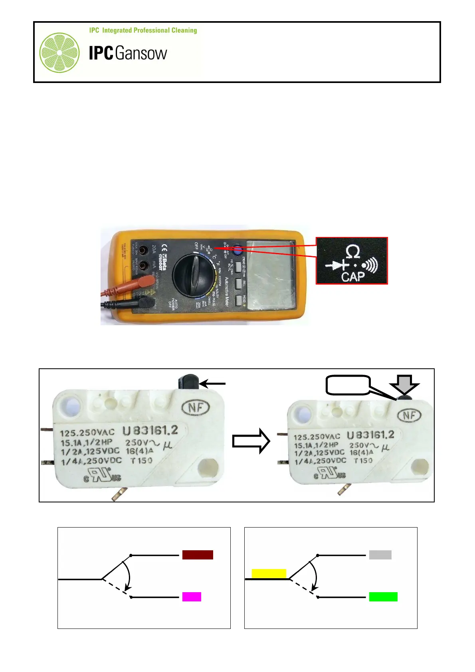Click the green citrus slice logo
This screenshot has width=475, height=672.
[x=59, y=53]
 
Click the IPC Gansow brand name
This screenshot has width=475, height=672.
[x=128, y=53]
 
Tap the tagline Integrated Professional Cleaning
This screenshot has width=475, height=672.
[x=143, y=30]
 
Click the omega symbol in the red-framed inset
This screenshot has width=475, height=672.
[x=353, y=252]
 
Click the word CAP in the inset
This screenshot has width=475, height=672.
[x=353, y=276]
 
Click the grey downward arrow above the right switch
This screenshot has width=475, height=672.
[x=404, y=384]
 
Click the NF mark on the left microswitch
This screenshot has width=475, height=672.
[x=196, y=407]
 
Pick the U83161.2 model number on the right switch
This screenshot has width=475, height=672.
[x=370, y=435]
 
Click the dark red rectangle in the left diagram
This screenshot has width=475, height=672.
[x=198, y=555]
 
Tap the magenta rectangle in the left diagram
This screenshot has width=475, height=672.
[x=192, y=597]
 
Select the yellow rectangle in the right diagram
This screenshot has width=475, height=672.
[x=269, y=573]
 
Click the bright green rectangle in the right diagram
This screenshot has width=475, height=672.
[x=383, y=597]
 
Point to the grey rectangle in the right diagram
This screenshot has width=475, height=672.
[x=380, y=555]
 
